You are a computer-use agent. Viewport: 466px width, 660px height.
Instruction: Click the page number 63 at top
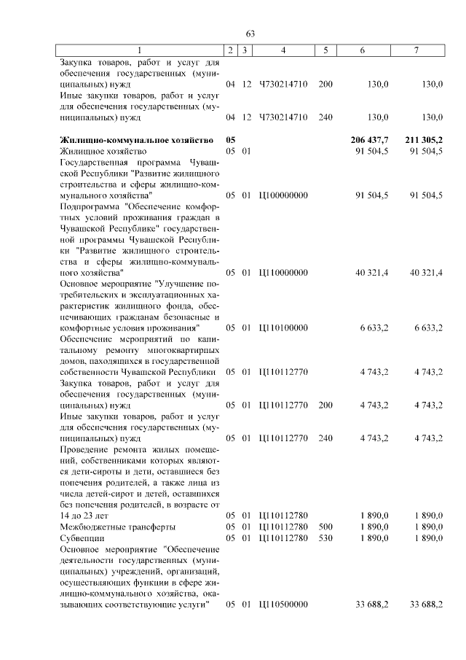250,34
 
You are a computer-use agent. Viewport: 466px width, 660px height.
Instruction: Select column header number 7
416,50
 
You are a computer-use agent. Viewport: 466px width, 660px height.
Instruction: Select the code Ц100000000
283,195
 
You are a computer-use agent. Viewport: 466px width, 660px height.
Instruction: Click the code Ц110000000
283,272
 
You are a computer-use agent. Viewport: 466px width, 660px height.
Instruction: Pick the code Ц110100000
283,328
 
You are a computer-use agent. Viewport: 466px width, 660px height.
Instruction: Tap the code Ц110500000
283,604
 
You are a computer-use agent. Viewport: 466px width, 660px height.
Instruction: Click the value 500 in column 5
325,527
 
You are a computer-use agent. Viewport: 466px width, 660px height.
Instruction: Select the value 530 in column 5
325,537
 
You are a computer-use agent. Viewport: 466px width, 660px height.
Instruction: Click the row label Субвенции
82,537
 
